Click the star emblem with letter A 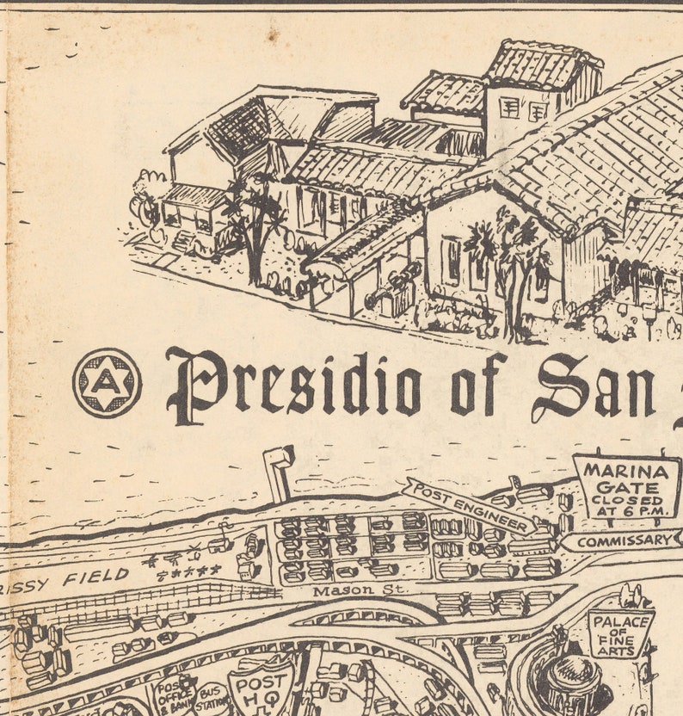107,383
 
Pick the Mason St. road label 345,591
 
